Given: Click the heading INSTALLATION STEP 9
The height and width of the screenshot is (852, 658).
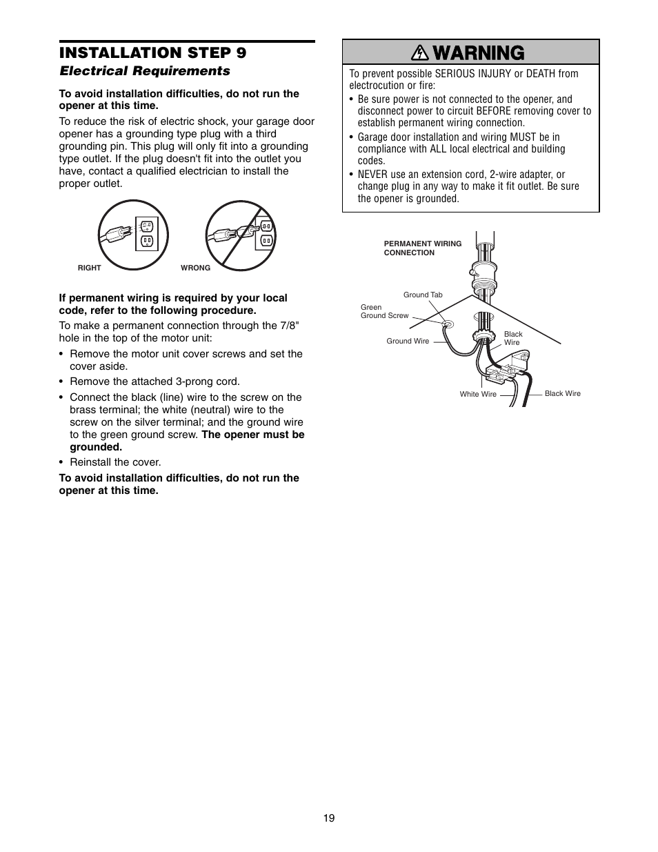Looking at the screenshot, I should pyautogui.click(x=152, y=53).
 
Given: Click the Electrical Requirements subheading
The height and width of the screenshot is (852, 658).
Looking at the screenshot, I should pyautogui.click(x=144, y=71).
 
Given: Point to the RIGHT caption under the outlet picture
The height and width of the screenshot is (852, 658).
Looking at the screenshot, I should pyautogui.click(x=90, y=268).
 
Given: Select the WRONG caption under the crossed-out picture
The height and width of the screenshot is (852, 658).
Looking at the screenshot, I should pyautogui.click(x=195, y=268).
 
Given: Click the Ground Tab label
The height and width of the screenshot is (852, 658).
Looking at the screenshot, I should pyautogui.click(x=423, y=295).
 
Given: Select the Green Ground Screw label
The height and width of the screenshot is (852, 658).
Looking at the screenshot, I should pyautogui.click(x=384, y=312).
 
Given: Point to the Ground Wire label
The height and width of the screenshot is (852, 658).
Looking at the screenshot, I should pyautogui.click(x=408, y=341).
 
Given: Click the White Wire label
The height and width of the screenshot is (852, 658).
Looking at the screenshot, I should pyautogui.click(x=478, y=394).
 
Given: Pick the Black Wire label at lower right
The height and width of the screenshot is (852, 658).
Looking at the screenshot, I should pyautogui.click(x=562, y=393).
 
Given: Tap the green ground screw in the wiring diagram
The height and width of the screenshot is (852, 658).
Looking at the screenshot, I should pyautogui.click(x=446, y=324).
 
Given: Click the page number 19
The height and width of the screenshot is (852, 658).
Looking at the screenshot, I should pyautogui.click(x=329, y=818).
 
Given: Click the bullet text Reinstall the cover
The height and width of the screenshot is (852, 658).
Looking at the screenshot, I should pyautogui.click(x=115, y=462).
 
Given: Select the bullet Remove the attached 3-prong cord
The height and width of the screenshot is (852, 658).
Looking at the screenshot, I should pyautogui.click(x=154, y=381).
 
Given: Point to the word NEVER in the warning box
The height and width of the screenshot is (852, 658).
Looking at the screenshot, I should pyautogui.click(x=372, y=175).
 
